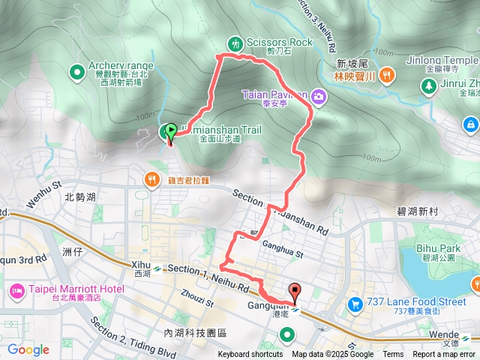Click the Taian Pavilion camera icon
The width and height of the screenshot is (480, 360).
pos(319,95)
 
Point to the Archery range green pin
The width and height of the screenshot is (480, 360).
pos(76,72)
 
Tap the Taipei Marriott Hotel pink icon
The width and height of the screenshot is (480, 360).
pos(16,289)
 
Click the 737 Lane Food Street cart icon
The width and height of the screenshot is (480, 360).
pos(353,304)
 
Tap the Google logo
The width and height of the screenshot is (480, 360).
pos(28,349)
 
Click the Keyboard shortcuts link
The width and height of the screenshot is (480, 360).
pos(250,355)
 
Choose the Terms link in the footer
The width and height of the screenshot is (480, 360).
pos(393,355)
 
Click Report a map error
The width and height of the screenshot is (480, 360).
pos(444,355)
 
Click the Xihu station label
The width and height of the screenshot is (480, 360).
pos(142,268)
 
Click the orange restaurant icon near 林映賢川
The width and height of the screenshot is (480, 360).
pos(386,73)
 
